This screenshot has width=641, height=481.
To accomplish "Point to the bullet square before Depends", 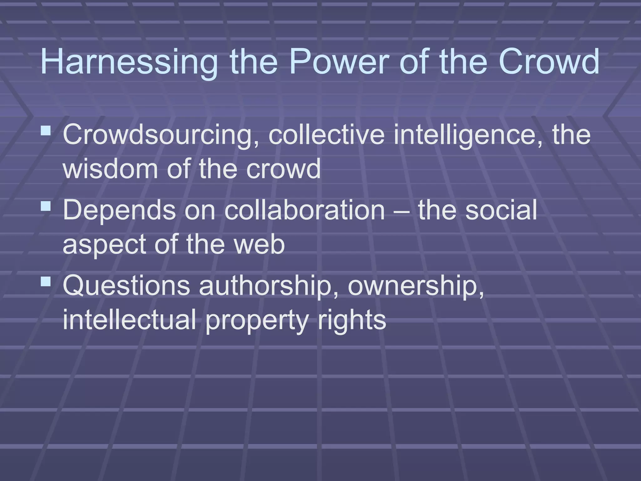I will (x=46, y=206).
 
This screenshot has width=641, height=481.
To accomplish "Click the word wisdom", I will (x=110, y=169).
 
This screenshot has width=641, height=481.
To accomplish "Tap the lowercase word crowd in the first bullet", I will (x=283, y=169).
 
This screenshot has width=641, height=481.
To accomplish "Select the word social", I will (x=501, y=210).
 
